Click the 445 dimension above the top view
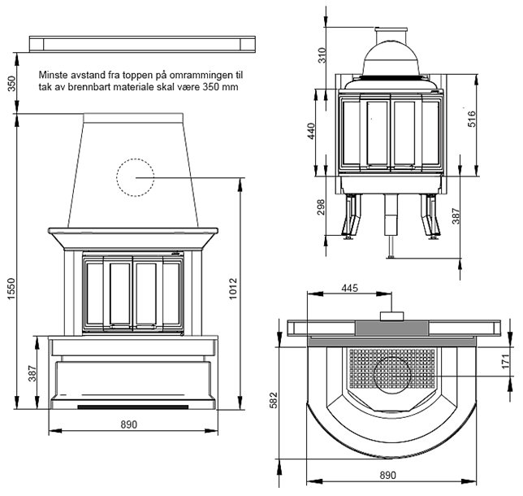(350, 288)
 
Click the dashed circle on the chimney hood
(135, 178)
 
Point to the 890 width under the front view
(128, 424)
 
